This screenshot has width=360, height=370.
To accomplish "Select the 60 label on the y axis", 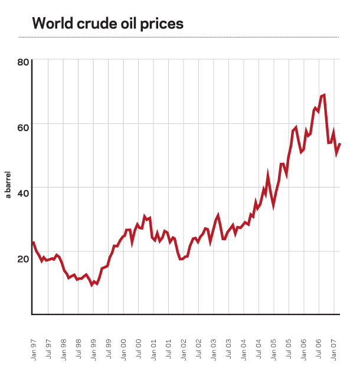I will click(x=22, y=125).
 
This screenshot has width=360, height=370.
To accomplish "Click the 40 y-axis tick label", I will click(x=22, y=188).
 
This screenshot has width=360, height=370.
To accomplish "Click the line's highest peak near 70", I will click(x=324, y=95).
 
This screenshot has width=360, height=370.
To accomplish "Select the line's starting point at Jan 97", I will click(x=33, y=242).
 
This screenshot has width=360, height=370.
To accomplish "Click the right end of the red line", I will click(x=340, y=145).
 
